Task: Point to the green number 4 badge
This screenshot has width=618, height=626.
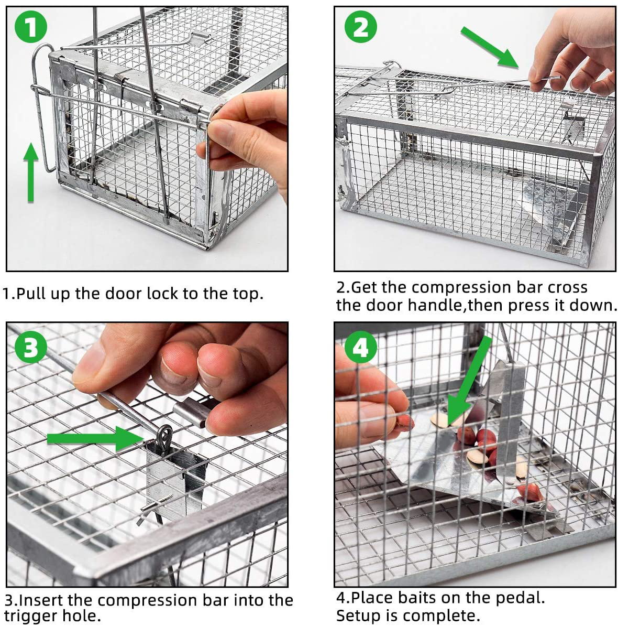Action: (360, 347)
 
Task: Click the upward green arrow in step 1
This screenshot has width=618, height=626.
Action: (31, 172)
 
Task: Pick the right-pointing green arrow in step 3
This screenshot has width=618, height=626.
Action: (95, 439)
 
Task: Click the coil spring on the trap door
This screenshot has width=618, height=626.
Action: (120, 80)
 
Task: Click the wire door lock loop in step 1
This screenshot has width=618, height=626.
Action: (41, 108)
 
